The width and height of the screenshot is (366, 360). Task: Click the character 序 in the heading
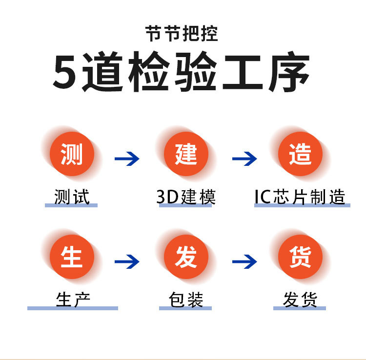coord(289,73)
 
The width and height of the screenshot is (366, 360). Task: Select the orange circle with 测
coord(72,154)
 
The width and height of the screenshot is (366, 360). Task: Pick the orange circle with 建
coord(186,154)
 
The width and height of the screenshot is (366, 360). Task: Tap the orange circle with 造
coord(300,154)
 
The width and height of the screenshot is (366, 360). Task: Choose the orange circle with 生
coord(72,257)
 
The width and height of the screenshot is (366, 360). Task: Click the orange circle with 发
coord(186,257)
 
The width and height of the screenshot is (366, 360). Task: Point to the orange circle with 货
coord(300,257)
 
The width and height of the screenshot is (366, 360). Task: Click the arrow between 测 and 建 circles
coord(127,159)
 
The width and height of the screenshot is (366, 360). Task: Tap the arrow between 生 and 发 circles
coord(127,262)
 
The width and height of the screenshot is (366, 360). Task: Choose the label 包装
coord(186,300)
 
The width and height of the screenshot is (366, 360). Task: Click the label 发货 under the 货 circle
coord(300,300)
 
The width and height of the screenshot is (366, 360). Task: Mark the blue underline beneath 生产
coord(73,308)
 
